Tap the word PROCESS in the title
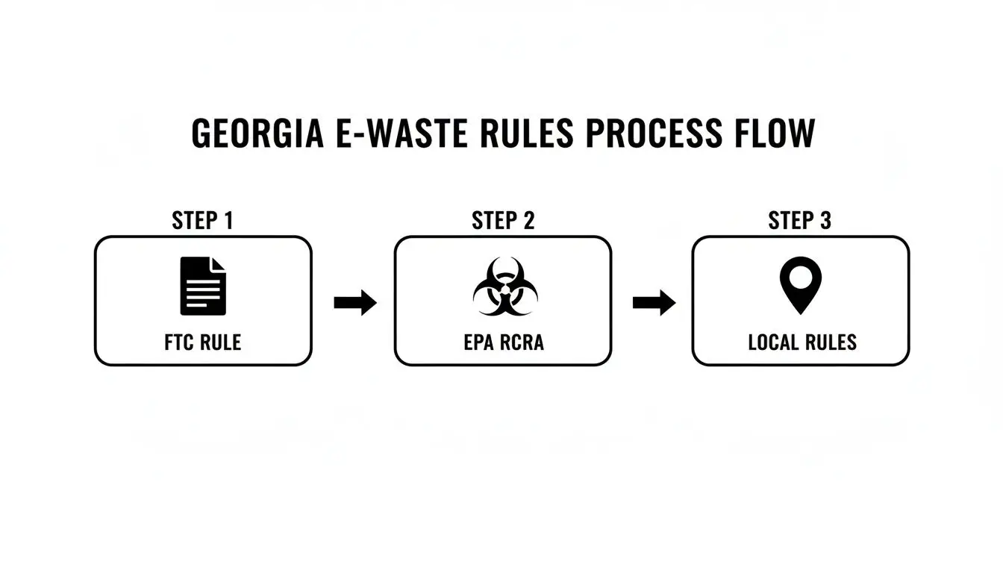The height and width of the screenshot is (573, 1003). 654,134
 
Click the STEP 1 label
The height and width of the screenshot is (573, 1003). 202,221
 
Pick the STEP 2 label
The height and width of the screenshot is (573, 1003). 503,221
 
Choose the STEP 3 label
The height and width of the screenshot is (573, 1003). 800,221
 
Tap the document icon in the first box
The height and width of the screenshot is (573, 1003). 203,286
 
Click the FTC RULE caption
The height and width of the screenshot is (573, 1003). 202,342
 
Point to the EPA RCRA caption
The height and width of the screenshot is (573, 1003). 503,342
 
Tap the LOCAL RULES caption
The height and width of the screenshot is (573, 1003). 802,342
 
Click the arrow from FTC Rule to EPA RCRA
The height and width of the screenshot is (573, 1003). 355,302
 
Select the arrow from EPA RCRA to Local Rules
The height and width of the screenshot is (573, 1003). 654,302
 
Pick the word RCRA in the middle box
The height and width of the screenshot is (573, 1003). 520,342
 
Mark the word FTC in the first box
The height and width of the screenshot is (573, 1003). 179,342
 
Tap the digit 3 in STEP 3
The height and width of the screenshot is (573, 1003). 825,221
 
